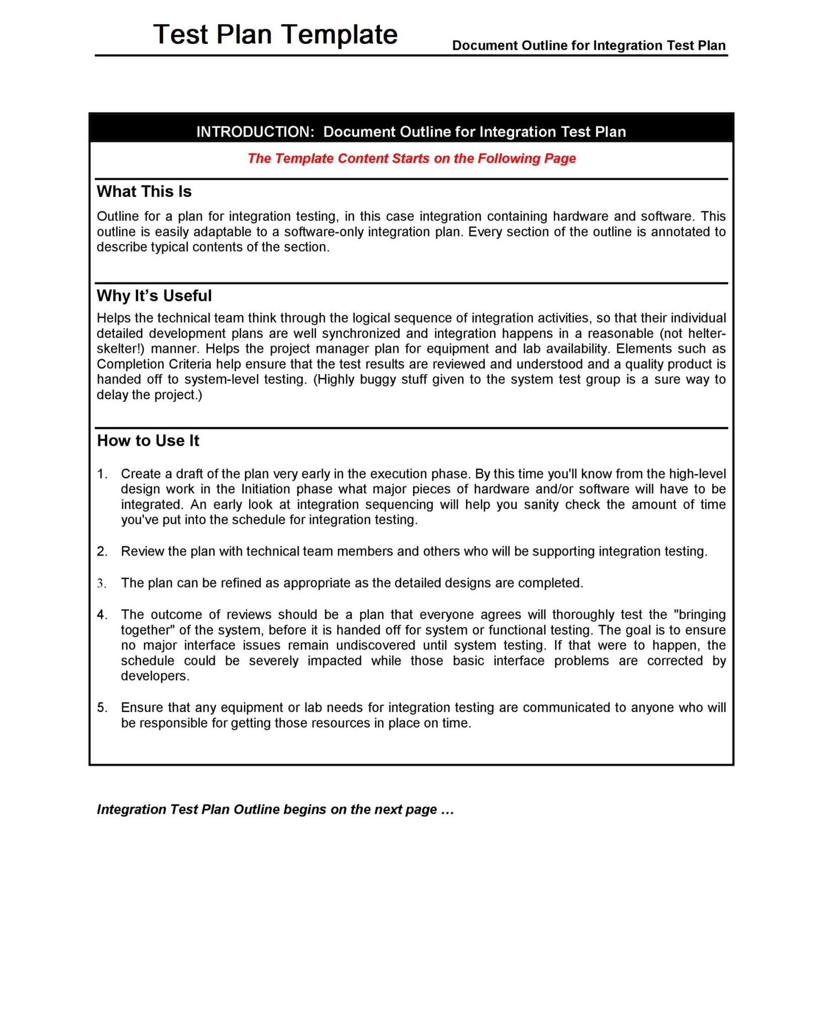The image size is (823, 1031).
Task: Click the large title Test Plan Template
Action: coord(275,35)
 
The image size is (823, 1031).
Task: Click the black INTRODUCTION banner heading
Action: coord(411,132)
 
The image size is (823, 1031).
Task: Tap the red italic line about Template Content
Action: coord(411,159)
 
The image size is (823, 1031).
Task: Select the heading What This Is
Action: coord(144,192)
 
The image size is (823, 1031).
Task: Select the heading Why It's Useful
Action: coord(154,296)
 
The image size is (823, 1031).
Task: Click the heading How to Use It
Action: coord(148,441)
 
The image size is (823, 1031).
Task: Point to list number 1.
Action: coord(102,474)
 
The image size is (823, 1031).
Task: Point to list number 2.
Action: coord(102,552)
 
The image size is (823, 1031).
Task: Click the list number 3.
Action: coord(102,583)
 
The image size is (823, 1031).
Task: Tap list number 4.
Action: coord(102,615)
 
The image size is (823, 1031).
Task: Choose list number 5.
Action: coord(102,708)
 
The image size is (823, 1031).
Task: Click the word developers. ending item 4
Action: coord(155,677)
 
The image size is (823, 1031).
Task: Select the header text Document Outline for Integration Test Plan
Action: coord(588,46)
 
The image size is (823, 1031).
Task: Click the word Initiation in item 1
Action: coord(265,489)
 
